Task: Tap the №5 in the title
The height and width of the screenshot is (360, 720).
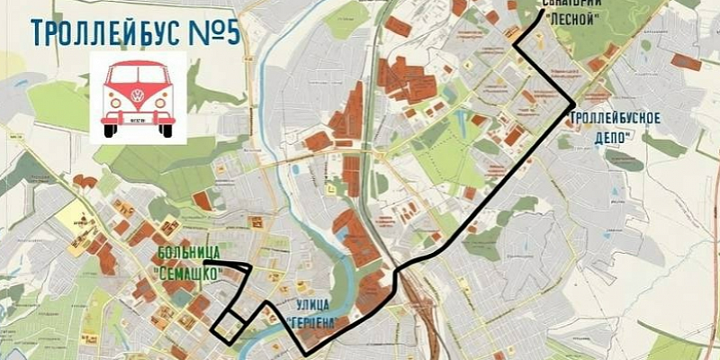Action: pyautogui.click(x=215, y=32)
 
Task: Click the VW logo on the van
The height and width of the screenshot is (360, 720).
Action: pyautogui.click(x=138, y=95)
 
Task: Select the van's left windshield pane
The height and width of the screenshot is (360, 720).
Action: pyautogui.click(x=122, y=75)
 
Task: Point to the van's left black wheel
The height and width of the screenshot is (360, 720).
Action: pyautogui.click(x=110, y=130)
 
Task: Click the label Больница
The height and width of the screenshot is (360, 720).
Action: pyautogui.click(x=184, y=252)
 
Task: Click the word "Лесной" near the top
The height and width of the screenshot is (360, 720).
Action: pyautogui.click(x=571, y=19)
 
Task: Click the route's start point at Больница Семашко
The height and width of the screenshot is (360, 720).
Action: pyautogui.click(x=206, y=262)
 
